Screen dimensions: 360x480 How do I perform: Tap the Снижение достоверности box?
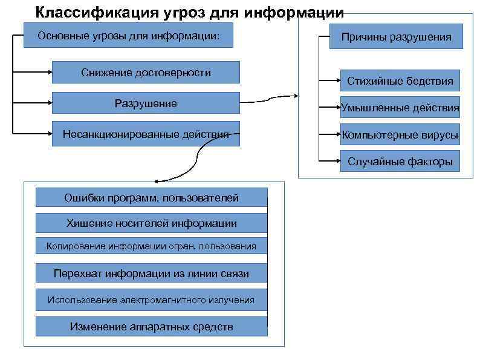[146, 73]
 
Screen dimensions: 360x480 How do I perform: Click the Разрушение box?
[146, 103]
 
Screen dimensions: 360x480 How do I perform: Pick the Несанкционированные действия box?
[146, 134]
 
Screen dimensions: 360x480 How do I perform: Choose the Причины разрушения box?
[396, 37]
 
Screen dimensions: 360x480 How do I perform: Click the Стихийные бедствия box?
[400, 80]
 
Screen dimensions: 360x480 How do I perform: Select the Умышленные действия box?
[400, 108]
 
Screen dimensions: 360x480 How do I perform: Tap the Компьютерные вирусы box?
[400, 135]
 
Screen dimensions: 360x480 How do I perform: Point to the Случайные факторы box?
[400, 162]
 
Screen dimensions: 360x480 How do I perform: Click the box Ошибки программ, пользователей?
[151, 198]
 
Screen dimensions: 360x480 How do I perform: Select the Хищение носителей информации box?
[151, 223]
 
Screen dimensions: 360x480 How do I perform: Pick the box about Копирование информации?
[151, 246]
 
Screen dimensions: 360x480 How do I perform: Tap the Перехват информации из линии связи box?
[151, 273]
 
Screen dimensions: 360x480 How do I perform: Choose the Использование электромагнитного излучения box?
[151, 299]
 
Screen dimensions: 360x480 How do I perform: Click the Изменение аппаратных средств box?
[151, 327]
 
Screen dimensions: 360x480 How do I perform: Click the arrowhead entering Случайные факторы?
[337, 162]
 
